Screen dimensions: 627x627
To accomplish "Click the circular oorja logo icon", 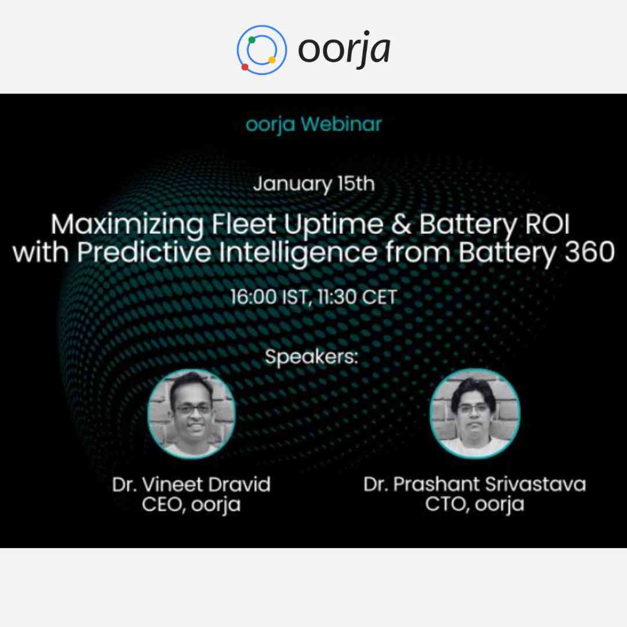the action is pyautogui.click(x=261, y=50).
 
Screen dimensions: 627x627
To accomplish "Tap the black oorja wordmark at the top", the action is pyautogui.click(x=344, y=49).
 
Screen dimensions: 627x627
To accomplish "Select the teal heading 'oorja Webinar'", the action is pyautogui.click(x=313, y=124).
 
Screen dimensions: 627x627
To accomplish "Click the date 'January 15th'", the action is pyautogui.click(x=314, y=184).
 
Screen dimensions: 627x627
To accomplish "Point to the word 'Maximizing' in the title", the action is pyautogui.click(x=128, y=225).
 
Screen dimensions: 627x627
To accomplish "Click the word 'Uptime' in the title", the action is pyautogui.click(x=333, y=225).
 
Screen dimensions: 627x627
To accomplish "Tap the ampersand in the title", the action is pyautogui.click(x=401, y=224).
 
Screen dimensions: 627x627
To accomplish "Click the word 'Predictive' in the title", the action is pyautogui.click(x=144, y=253).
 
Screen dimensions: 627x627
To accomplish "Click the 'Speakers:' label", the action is pyautogui.click(x=311, y=356).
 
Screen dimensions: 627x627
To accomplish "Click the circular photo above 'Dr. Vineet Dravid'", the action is pyautogui.click(x=191, y=413).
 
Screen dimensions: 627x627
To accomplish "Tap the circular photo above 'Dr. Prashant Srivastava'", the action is pyautogui.click(x=475, y=413).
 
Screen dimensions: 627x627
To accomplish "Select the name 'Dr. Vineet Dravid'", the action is pyautogui.click(x=191, y=484).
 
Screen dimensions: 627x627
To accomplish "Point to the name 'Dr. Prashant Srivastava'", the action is pyautogui.click(x=475, y=484).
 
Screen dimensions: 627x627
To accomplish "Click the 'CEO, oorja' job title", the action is pyautogui.click(x=191, y=505).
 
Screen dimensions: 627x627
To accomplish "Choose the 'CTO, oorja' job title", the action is pyautogui.click(x=475, y=505).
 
